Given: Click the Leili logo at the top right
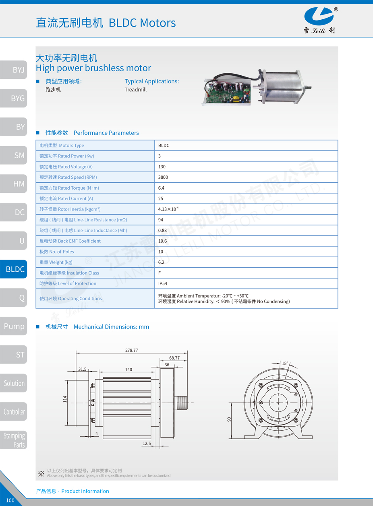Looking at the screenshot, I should pyautogui.click(x=319, y=20).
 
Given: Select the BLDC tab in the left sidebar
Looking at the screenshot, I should pyautogui.click(x=14, y=269).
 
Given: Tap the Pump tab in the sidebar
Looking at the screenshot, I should pyautogui.click(x=14, y=326).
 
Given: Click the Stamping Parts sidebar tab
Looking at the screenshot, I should pyautogui.click(x=14, y=440).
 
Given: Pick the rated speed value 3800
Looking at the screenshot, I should pyautogui.click(x=163, y=177).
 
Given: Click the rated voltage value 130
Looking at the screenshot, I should pyautogui.click(x=162, y=167).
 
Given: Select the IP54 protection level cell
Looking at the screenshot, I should pyautogui.click(x=163, y=283).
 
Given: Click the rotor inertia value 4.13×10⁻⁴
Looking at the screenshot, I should pyautogui.click(x=168, y=209).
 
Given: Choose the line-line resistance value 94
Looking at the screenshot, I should pyautogui.click(x=161, y=220).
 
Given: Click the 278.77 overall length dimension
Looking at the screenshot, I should pyautogui.click(x=131, y=350).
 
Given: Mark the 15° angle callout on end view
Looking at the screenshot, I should pyautogui.click(x=285, y=363).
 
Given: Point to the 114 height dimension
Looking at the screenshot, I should pyautogui.click(x=65, y=399).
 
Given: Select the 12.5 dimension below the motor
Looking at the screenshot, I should pyautogui.click(x=147, y=444).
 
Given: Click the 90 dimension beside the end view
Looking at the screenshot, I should pyautogui.click(x=229, y=419).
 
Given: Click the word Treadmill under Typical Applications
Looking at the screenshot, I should pyautogui.click(x=135, y=90).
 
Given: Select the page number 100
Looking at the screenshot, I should pyautogui.click(x=10, y=500).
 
